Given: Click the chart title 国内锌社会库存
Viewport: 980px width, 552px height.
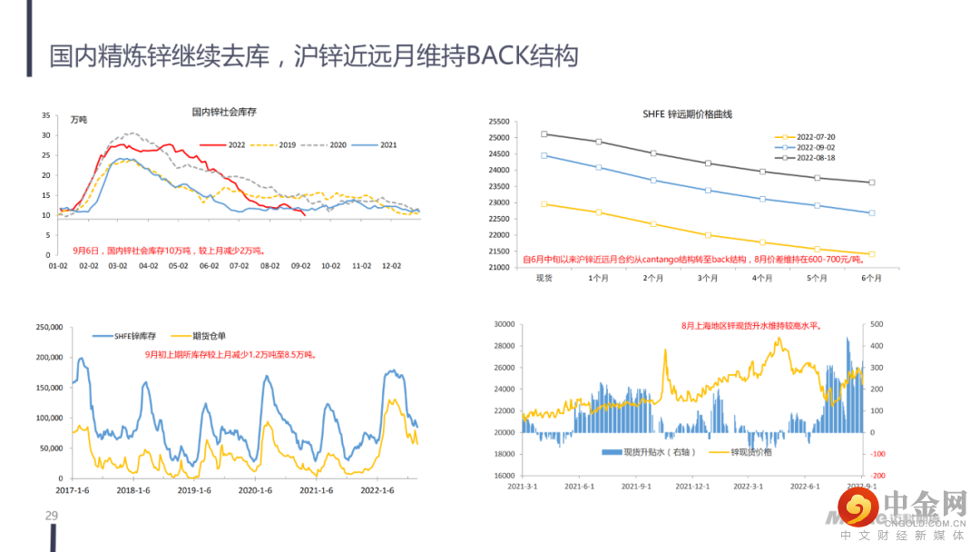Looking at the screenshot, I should pyautogui.click(x=225, y=113).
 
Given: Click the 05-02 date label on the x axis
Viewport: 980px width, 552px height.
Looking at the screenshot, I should pyautogui.click(x=178, y=266).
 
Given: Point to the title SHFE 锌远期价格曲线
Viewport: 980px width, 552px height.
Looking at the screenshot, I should pyautogui.click(x=687, y=114).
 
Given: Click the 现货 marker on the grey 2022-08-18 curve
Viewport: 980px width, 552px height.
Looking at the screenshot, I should pyautogui.click(x=544, y=134).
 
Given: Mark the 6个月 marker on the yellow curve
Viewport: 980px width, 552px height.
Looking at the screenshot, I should pyautogui.click(x=872, y=254).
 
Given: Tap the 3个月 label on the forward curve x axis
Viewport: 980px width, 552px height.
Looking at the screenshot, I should pyautogui.click(x=708, y=279).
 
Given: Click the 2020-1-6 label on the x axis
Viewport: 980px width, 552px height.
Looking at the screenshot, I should pyautogui.click(x=255, y=490).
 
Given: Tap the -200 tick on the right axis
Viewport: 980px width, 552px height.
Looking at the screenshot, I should pyautogui.click(x=877, y=476).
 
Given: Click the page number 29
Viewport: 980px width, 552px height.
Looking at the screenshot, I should pyautogui.click(x=52, y=517).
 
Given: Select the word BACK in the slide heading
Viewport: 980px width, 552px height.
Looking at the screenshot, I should pyautogui.click(x=496, y=56).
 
